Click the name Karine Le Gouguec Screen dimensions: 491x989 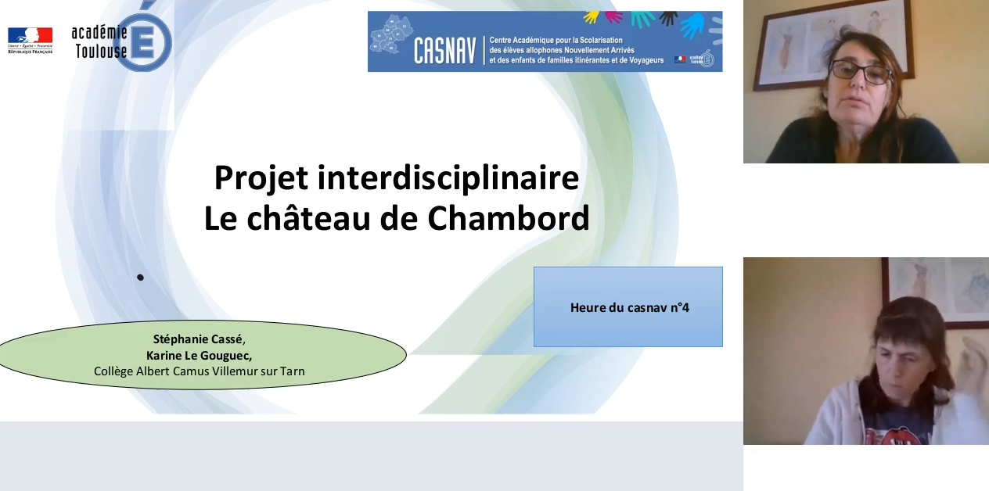point(198,355)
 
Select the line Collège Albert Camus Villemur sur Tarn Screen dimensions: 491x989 point(199,371)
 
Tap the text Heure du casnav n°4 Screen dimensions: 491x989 point(629,307)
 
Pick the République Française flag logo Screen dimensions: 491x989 point(30,36)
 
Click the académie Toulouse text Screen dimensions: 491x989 point(99,41)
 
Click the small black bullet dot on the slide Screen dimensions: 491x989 point(140,277)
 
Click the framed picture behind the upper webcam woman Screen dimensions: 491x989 point(790,47)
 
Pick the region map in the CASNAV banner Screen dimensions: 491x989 point(388,38)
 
